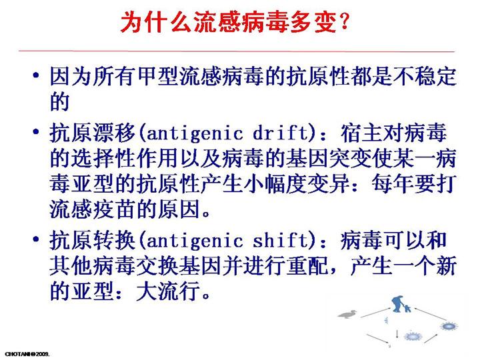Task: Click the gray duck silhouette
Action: [348, 314]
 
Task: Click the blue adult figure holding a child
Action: [397, 304]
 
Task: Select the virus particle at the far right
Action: [449, 326]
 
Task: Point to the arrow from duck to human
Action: [375, 313]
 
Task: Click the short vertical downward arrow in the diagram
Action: [397, 334]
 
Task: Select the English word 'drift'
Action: [281, 133]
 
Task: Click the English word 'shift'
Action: [281, 241]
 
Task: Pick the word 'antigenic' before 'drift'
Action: [195, 134]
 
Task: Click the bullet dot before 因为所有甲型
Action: [36, 75]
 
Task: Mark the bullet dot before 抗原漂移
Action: [36, 132]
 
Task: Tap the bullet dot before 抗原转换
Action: [36, 239]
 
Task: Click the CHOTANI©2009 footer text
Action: [27, 355]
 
